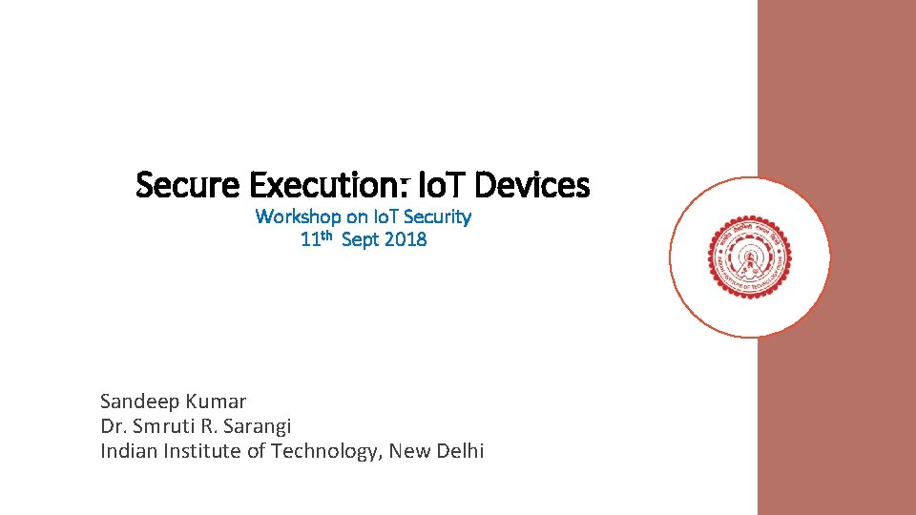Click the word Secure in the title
coord(187,184)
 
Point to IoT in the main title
coord(440,184)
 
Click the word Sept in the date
coord(360,239)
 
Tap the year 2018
coord(406,239)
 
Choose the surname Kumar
coord(218,402)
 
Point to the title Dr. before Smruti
coord(113,426)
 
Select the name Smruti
coord(166,426)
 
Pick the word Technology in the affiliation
coord(323,451)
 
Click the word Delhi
coord(460,451)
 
